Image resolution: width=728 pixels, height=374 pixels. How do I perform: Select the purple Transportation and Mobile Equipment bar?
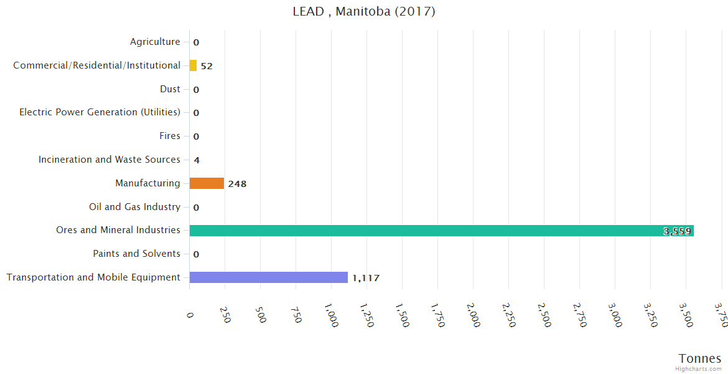(268, 277)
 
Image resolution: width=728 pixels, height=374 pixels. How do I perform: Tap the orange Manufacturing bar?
(207, 183)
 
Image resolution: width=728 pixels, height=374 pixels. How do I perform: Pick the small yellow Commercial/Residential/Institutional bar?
(193, 65)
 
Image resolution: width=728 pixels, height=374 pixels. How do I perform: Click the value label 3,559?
(677, 231)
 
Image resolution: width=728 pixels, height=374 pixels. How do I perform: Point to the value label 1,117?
(366, 278)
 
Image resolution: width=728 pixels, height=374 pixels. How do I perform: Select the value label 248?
(237, 184)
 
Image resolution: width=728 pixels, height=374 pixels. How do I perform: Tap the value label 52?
(207, 66)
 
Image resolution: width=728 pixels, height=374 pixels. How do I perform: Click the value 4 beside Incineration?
(197, 160)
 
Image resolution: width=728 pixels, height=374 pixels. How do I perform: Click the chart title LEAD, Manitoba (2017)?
(364, 12)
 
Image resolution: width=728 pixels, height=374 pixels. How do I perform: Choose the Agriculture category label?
(155, 42)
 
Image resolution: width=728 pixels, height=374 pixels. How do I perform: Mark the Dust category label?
(170, 89)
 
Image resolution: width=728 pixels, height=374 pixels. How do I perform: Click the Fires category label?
(170, 136)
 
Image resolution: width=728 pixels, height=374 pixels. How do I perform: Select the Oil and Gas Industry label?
(134, 207)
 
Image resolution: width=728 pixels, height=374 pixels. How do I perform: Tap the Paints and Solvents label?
(136, 254)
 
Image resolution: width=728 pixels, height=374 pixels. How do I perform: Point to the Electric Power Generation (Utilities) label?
(100, 112)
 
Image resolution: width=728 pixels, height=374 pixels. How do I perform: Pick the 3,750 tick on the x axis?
(721, 315)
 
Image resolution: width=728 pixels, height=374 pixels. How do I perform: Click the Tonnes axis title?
(700, 358)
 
